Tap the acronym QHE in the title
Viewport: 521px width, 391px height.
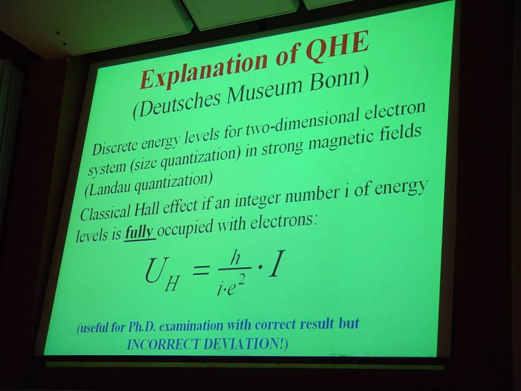337,47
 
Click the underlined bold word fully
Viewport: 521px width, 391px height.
139,233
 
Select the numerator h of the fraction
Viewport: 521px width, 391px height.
235,257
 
